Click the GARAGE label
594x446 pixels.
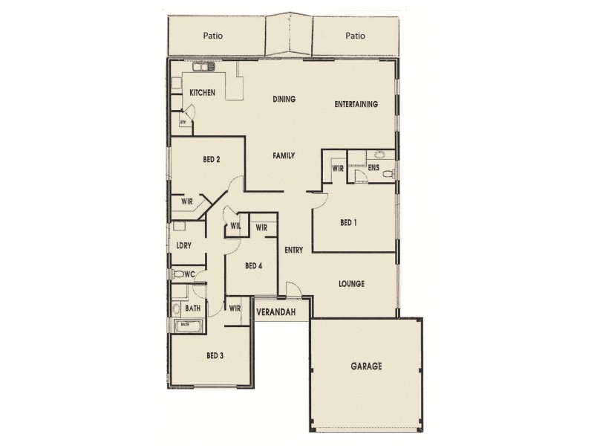[366, 366]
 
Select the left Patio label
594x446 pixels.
[214, 35]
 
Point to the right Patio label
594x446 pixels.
[356, 35]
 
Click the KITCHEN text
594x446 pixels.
[202, 93]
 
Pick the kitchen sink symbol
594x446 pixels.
[202, 68]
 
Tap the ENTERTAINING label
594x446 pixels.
[356, 104]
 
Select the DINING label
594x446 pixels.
[284, 99]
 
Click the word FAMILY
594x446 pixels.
[284, 156]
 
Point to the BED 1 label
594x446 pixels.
[348, 222]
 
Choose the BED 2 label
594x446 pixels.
[212, 159]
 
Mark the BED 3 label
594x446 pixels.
[215, 356]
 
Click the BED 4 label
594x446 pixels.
[254, 266]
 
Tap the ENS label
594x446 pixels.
[373, 169]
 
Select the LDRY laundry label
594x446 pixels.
[184, 246]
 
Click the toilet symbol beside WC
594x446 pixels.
[178, 274]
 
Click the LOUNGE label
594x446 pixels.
[350, 283]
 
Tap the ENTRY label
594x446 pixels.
[293, 251]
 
